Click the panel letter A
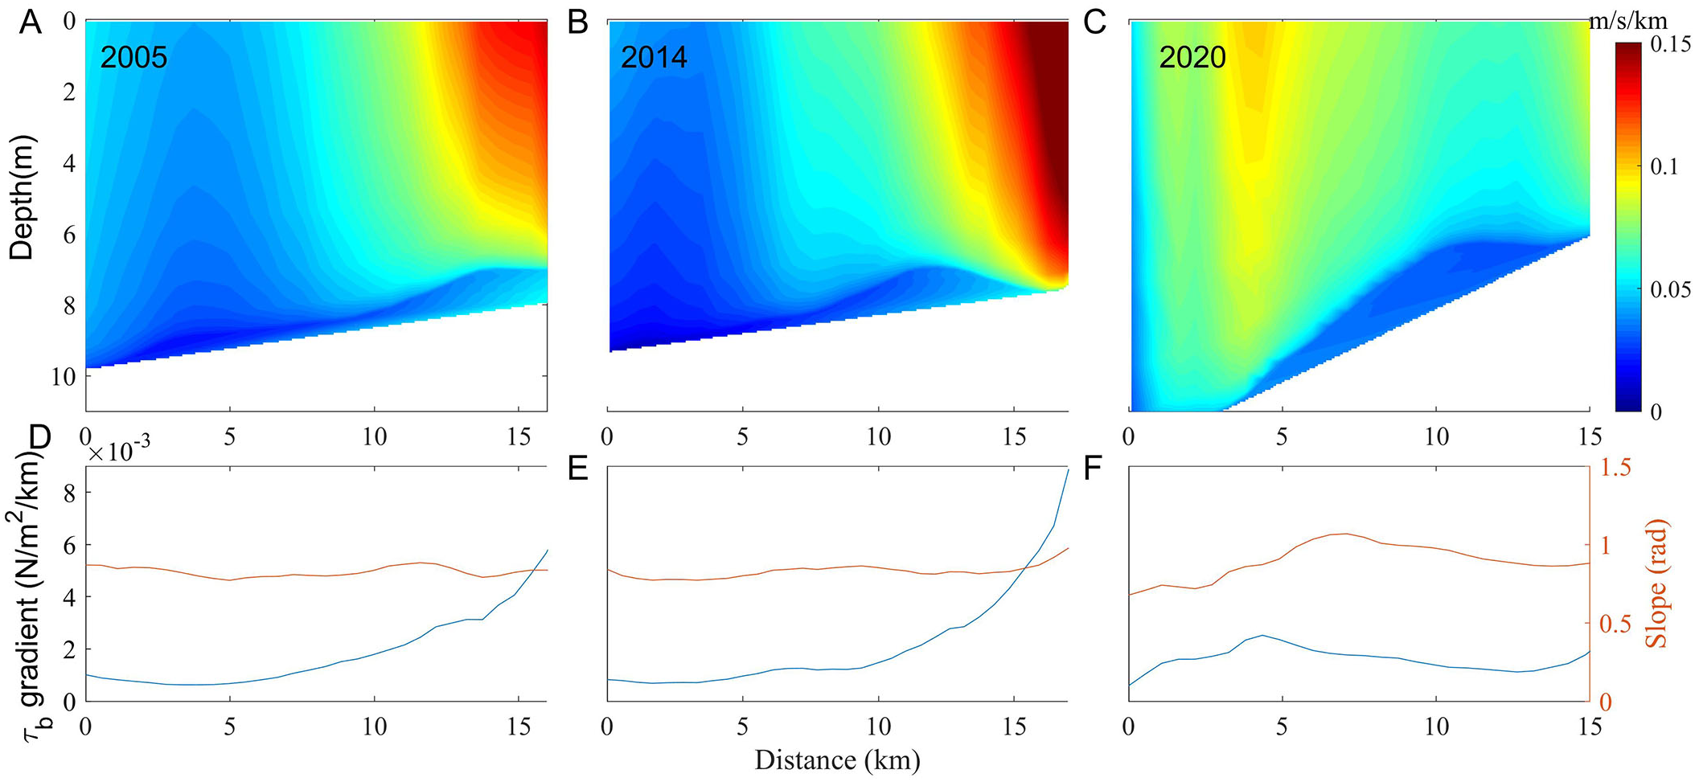(31, 23)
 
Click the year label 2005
(133, 58)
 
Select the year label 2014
(654, 58)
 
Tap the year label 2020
(1192, 58)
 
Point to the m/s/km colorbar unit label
(1627, 22)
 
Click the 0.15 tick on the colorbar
(1671, 45)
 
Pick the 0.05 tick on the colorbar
(1671, 289)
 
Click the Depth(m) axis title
(23, 197)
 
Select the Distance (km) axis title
(837, 759)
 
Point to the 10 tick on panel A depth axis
(63, 376)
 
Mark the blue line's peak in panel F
(1262, 635)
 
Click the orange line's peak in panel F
(1345, 534)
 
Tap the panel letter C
(1094, 23)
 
